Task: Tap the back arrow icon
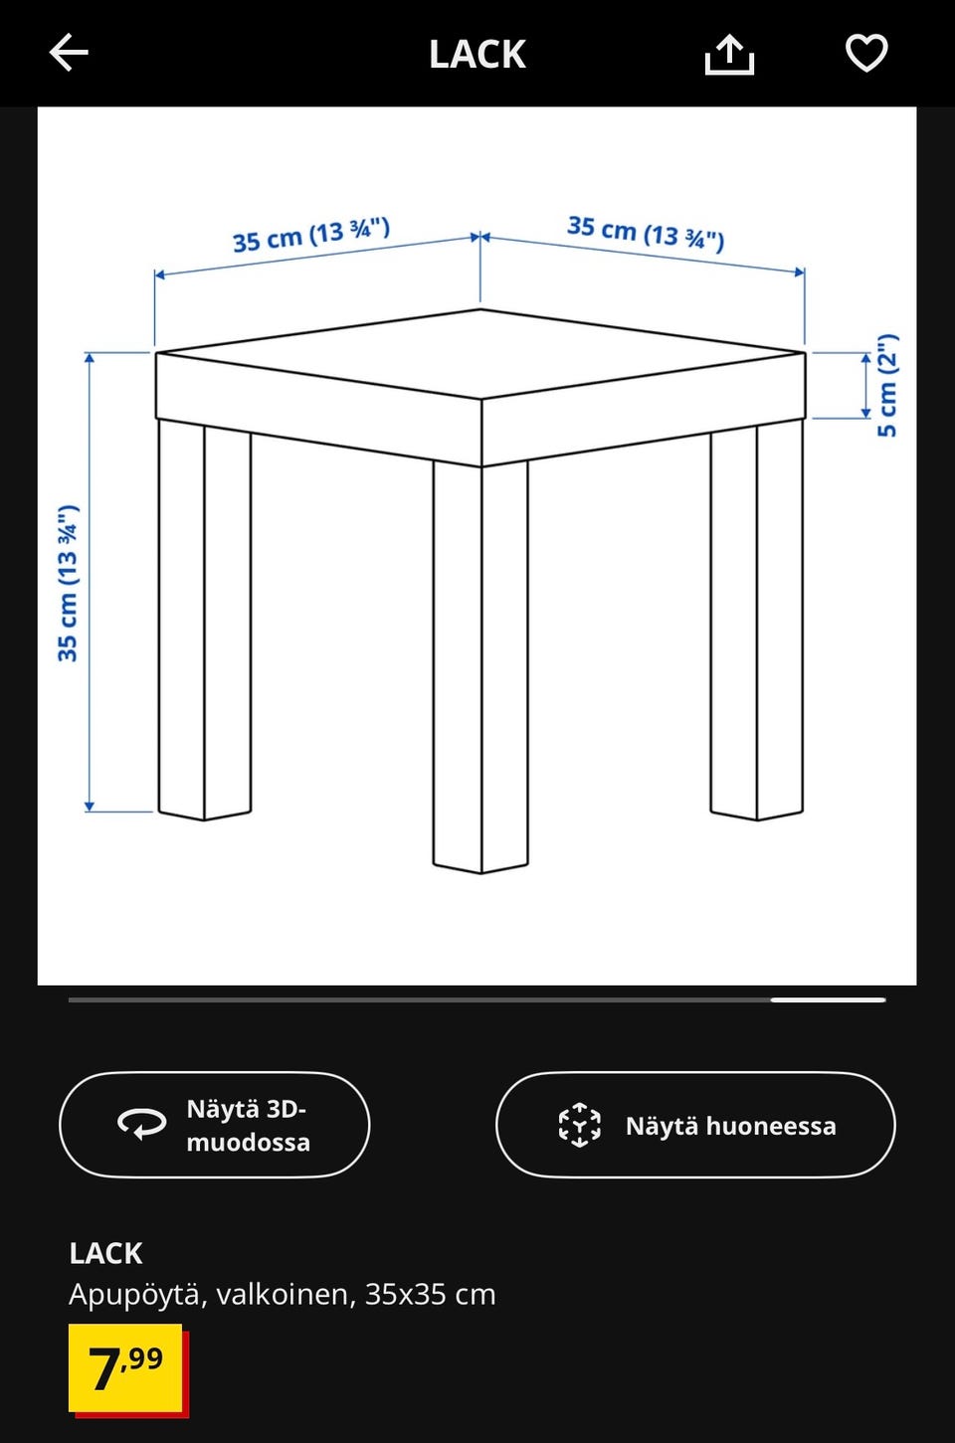coord(69,53)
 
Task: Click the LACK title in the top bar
coord(477,54)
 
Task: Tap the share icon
coord(729,54)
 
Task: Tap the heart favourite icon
coord(866,53)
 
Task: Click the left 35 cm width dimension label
coord(311,235)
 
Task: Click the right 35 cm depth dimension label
coord(646,233)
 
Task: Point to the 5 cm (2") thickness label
coord(886,385)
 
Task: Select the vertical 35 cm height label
coord(68,583)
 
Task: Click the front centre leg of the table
coord(480,666)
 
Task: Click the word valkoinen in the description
coord(283,1294)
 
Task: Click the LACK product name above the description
coord(105,1254)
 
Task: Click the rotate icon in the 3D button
coord(142,1125)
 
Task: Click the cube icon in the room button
coord(579,1126)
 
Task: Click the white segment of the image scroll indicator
coord(828,1000)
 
